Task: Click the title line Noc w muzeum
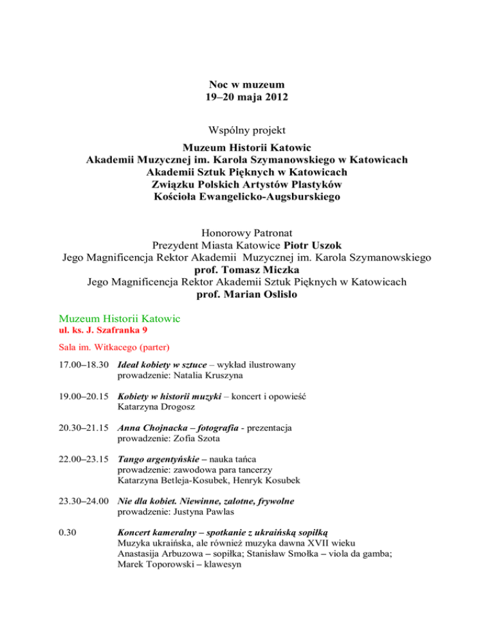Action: tap(247, 84)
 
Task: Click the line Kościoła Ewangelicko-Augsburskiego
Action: tap(247, 196)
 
